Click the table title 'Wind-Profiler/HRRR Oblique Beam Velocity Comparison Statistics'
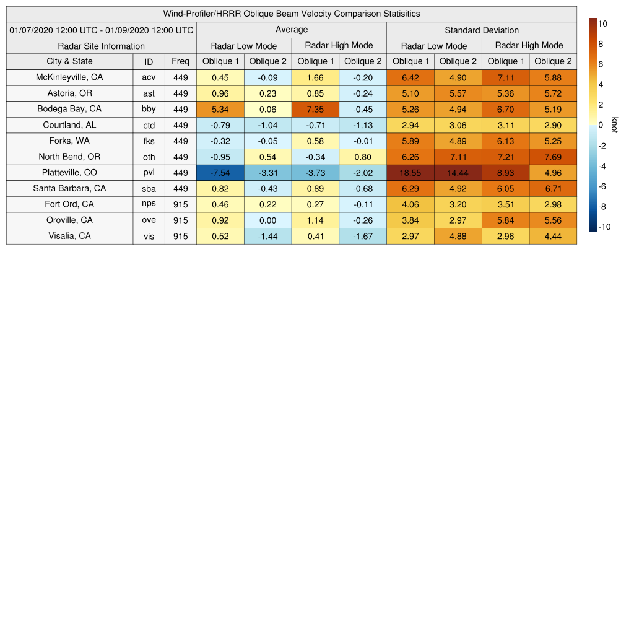coord(292,14)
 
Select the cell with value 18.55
coord(410,173)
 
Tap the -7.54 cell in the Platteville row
coord(220,173)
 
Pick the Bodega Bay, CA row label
coord(69,109)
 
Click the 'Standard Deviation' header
coord(482,30)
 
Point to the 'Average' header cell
coord(292,30)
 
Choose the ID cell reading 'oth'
coord(149,157)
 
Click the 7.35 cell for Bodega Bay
coord(316,109)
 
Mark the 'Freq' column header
coord(181,61)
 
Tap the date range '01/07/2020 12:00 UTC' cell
coord(102,30)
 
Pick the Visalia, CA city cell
coord(69,236)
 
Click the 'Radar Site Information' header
coord(102,46)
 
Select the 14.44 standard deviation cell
coord(458,173)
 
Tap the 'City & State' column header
coord(69,61)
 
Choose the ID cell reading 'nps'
coord(149,204)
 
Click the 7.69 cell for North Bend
coord(553,157)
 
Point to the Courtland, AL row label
coord(69,125)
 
